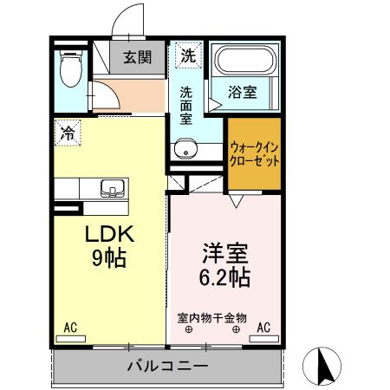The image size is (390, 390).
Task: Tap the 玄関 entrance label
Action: tap(136, 58)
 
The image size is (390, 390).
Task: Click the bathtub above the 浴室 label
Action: tap(245, 61)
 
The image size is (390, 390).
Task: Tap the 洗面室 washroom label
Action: tap(187, 106)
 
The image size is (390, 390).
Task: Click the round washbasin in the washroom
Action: tap(185, 152)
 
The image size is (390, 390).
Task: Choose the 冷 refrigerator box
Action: tap(67, 133)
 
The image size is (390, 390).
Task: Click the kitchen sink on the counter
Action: tap(112, 188)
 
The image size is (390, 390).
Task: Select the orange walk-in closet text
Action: tap(255, 154)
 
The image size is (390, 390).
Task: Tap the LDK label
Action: tap(108, 235)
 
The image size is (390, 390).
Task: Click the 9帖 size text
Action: tap(108, 258)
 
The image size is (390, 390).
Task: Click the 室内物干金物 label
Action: tap(212, 318)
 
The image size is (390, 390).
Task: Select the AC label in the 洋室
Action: tap(263, 327)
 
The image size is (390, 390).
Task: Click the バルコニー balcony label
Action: tap(167, 366)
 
